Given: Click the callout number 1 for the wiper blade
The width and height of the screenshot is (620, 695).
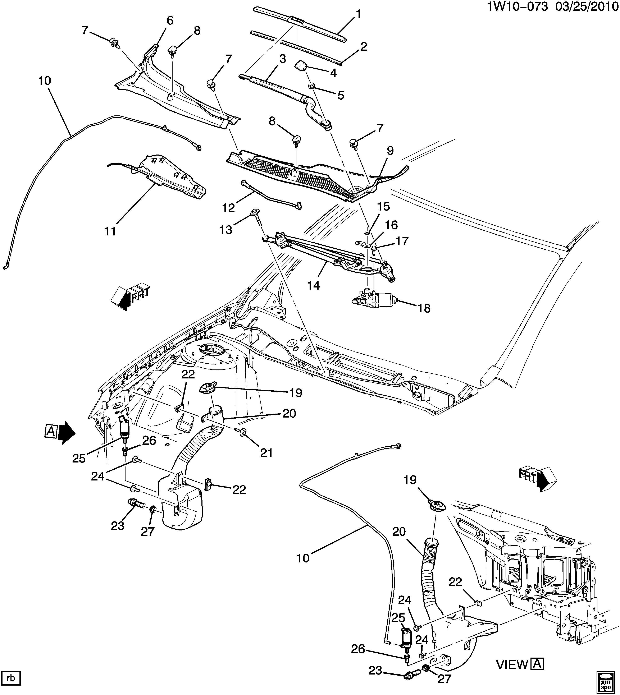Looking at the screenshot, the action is click(358, 14).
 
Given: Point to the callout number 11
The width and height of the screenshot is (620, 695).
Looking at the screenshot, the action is click(110, 231).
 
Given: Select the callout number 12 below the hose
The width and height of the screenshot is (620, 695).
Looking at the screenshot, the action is click(229, 207).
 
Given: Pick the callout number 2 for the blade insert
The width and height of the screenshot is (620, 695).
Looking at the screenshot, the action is click(364, 47).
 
